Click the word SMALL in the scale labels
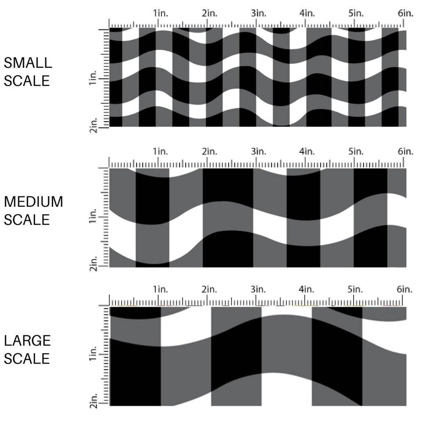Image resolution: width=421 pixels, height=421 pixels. tap(28, 63)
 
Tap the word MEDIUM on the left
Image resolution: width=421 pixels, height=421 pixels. tap(33, 202)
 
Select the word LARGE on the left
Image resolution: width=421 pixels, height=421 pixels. tap(27, 341)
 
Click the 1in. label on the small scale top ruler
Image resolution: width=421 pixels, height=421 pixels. tap(160, 13)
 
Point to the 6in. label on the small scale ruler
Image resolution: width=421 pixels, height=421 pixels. tap(406, 13)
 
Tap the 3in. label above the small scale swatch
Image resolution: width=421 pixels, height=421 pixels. tap(259, 13)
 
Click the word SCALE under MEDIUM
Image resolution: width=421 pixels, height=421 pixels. tap(27, 220)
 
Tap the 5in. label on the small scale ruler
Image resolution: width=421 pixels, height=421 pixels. tap(356, 13)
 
